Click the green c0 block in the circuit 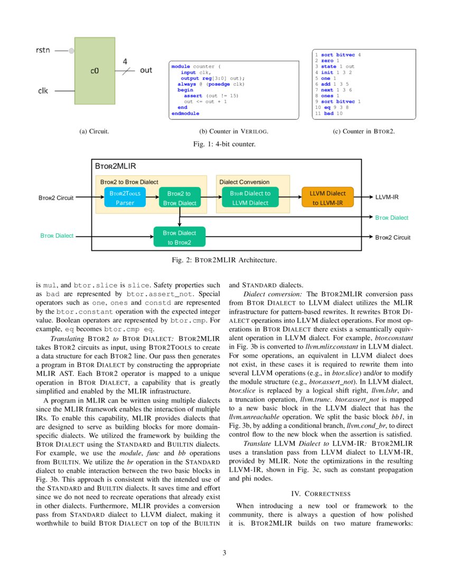pyautogui.click(x=95, y=70)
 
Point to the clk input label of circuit pyautogui.click(x=43, y=91)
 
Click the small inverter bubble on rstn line pyautogui.click(x=71, y=51)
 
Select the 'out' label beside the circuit pyautogui.click(x=146, y=70)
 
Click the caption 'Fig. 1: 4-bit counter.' pyautogui.click(x=224, y=144)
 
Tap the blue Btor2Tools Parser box pyautogui.click(x=125, y=198)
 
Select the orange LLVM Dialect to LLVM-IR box pyautogui.click(x=327, y=198)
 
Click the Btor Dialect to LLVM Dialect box pyautogui.click(x=250, y=198)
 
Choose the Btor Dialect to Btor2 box pyautogui.click(x=179, y=237)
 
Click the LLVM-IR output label pyautogui.click(x=387, y=197)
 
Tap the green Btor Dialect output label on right pyautogui.click(x=391, y=217)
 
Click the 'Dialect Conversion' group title pyautogui.click(x=244, y=182)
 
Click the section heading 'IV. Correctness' pyautogui.click(x=321, y=493)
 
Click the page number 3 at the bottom pyautogui.click(x=224, y=553)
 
